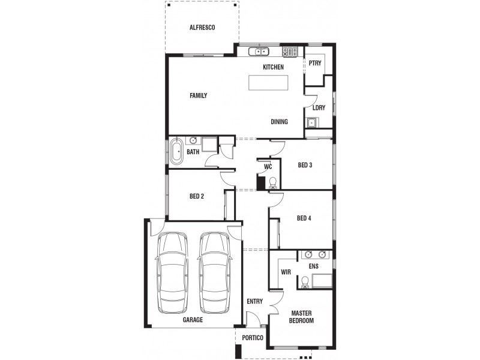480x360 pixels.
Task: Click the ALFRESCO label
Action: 202,28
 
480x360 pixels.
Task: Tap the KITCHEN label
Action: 273,67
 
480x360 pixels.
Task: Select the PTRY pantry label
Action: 315,64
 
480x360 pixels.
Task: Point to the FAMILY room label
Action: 198,95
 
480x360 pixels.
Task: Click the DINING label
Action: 279,122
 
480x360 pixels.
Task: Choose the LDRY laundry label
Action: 319,108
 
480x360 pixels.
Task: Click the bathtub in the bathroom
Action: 177,151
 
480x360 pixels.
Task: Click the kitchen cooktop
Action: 290,52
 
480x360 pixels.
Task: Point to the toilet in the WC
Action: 272,182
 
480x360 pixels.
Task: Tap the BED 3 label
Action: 305,165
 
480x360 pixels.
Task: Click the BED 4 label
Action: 304,218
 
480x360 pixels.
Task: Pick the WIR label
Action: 286,272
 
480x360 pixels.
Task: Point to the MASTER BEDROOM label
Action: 302,317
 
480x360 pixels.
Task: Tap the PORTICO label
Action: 253,338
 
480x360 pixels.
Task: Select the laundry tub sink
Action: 311,123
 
